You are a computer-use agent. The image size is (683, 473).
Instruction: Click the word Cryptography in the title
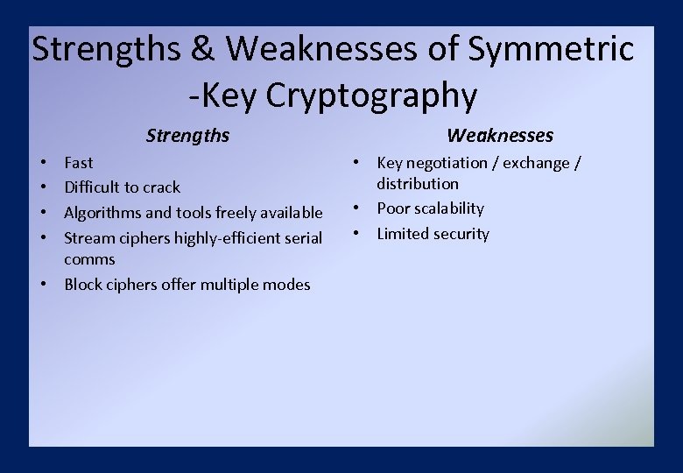[371, 96]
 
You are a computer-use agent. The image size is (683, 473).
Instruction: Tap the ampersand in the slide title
[202, 50]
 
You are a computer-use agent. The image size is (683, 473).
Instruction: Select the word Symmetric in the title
[551, 50]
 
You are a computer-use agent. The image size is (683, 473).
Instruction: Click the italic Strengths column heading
[187, 135]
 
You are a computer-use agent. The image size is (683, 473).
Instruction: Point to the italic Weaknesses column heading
[500, 135]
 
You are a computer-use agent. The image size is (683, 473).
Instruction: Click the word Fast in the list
[79, 162]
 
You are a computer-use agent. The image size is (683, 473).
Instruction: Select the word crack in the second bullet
[160, 187]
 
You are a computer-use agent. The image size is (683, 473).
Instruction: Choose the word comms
[89, 259]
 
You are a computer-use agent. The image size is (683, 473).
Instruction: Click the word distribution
[418, 184]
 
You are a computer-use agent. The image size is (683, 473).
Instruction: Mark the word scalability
[449, 208]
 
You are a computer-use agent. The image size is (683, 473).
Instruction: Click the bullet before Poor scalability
[358, 208]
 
